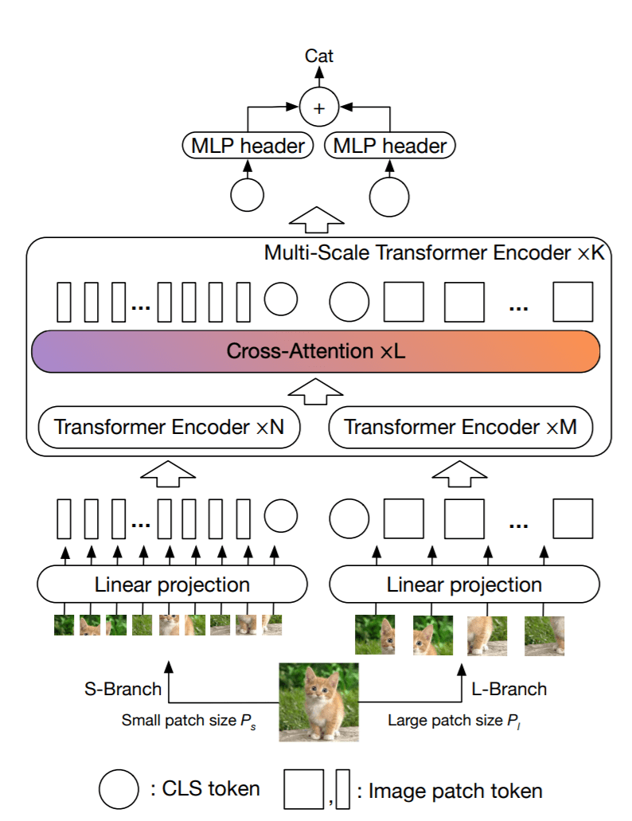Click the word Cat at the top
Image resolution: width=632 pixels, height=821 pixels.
coord(319,56)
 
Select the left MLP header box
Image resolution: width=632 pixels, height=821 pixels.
coord(248,146)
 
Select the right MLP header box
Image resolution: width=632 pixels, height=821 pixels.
coord(390,146)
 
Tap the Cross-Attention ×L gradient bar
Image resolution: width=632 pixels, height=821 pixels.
coord(315,351)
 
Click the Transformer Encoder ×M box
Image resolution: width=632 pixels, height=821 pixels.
coord(462,427)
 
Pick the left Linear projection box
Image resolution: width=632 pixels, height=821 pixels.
coord(172,585)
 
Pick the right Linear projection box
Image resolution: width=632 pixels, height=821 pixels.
coord(464,585)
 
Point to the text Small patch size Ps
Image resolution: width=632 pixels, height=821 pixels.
coord(189,721)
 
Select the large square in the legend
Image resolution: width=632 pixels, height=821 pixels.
coord(303,789)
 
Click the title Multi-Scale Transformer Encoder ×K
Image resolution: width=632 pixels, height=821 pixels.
coord(434,253)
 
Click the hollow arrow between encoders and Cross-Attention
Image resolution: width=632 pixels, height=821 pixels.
coord(315,389)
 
